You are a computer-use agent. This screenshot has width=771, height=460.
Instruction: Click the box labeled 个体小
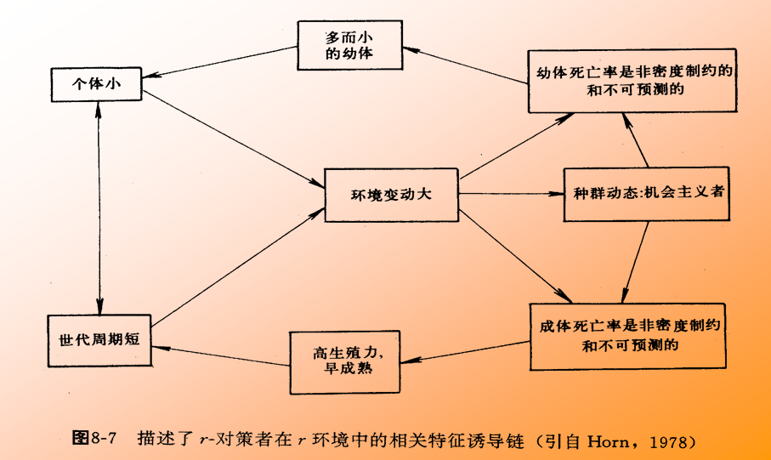(x=94, y=84)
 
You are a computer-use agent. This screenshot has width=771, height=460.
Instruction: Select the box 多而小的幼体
(x=349, y=46)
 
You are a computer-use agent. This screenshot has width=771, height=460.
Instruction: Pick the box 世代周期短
(x=98, y=338)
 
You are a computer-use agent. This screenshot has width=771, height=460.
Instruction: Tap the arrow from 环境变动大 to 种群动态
(x=511, y=193)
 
